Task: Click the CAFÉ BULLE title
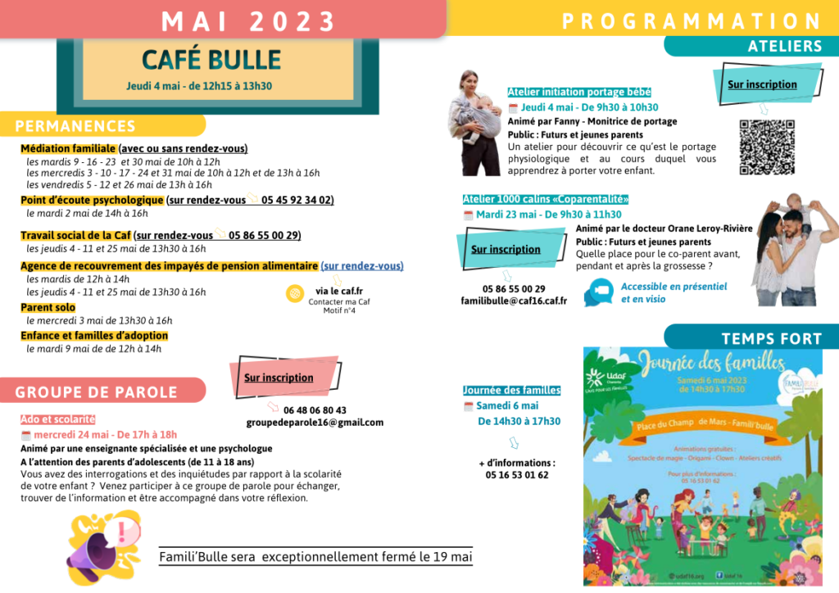211,59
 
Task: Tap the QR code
767,147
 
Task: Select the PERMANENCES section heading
75,126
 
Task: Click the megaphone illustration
103,540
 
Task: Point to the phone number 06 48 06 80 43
315,410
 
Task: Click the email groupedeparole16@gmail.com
315,422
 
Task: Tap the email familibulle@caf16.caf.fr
514,301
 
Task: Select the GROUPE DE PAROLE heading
96,392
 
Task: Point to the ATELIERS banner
784,47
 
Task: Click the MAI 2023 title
248,20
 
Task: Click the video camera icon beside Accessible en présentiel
599,292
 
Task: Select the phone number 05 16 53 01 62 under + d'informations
516,475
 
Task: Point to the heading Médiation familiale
69,148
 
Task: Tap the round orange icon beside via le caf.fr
294,294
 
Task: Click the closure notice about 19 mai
315,557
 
